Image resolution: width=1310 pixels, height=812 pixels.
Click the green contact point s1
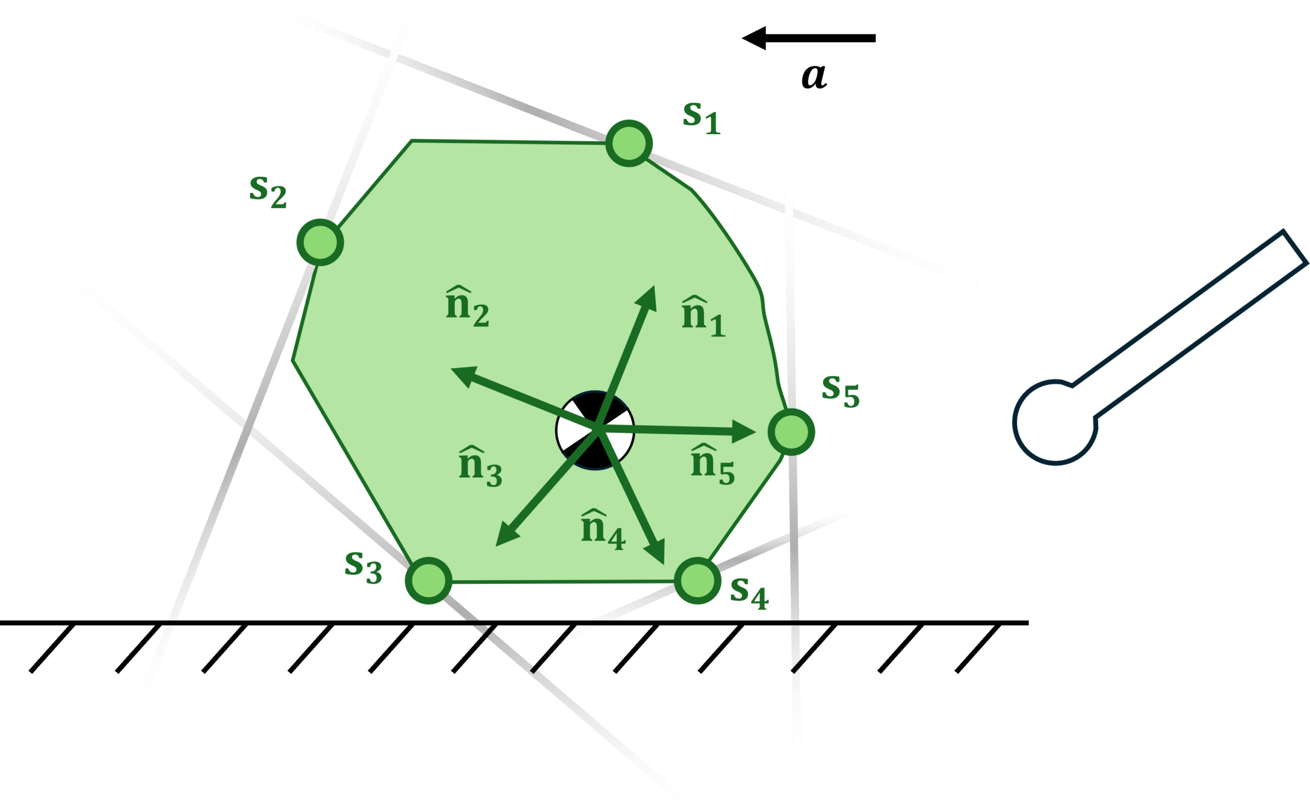click(629, 144)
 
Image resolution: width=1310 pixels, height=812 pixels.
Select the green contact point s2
click(320, 242)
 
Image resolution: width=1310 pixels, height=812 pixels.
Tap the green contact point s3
click(428, 580)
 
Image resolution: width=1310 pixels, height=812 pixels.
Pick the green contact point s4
click(697, 580)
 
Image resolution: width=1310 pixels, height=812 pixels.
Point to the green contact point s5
click(791, 431)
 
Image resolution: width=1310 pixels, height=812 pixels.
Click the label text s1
click(701, 117)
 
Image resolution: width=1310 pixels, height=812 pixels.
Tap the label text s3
click(363, 566)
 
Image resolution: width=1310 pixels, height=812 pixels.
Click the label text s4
click(749, 592)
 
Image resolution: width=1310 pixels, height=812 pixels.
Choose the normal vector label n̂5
click(712, 465)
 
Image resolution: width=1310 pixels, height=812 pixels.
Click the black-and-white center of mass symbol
click(595, 429)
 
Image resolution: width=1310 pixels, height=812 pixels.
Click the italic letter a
click(814, 77)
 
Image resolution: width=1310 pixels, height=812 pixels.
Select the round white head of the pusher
click(1054, 422)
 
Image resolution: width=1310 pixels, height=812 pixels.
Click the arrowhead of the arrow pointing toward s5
click(745, 431)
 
